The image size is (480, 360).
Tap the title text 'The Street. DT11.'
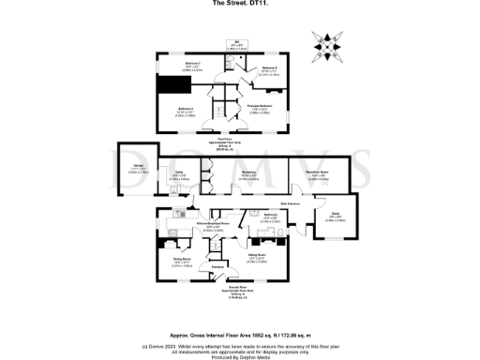coord(239,3)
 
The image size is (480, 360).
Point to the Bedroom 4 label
coord(268,68)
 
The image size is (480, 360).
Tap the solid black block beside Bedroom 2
coord(172,86)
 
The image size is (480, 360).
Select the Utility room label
coord(178,174)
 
